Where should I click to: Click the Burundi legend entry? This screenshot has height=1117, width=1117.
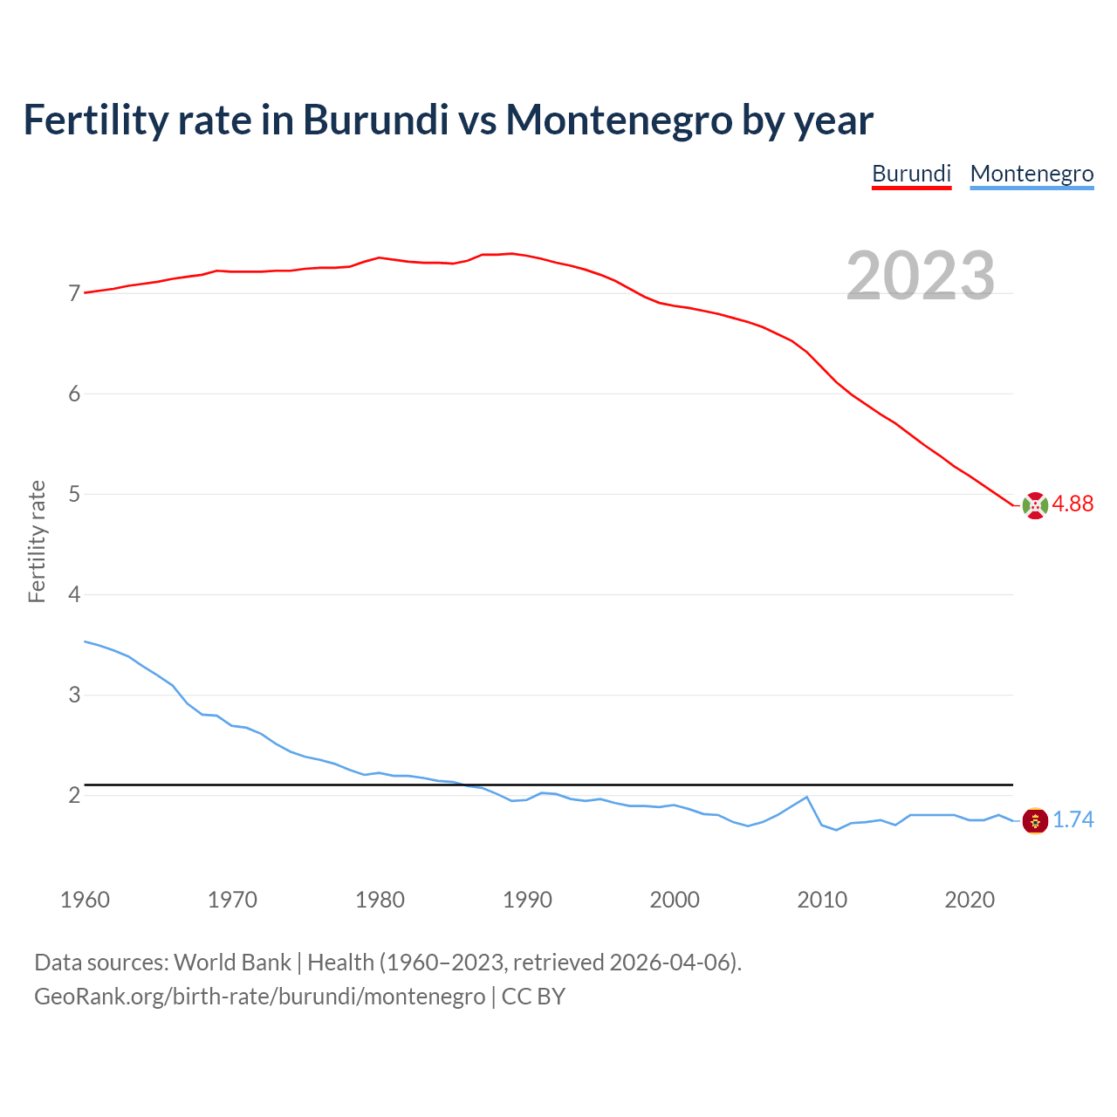point(911,174)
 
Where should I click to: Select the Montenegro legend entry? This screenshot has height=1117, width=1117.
point(1031,174)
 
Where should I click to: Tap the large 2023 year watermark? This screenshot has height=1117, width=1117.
point(921,276)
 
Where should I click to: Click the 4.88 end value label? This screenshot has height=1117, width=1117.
point(1072,504)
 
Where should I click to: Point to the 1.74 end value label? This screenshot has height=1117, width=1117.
point(1072,820)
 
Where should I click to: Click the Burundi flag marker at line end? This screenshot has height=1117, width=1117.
point(1035,505)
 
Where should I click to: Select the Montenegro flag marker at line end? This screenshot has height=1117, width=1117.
point(1035,820)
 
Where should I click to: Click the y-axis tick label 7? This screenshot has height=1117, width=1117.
point(74,294)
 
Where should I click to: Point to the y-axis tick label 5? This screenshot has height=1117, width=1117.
point(74,495)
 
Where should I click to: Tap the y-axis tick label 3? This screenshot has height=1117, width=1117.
point(74,696)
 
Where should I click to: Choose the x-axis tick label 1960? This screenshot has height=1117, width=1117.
point(85,900)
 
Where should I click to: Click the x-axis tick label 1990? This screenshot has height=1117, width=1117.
point(527,900)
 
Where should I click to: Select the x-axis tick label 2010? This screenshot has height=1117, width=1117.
point(822,900)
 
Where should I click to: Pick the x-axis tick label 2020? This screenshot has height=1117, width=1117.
point(970,900)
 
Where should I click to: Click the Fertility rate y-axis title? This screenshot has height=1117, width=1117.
point(37,542)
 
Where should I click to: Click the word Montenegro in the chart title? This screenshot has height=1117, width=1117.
point(620,120)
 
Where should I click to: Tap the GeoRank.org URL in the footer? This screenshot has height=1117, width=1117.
point(259,997)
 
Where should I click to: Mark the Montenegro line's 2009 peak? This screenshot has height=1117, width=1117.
point(807,797)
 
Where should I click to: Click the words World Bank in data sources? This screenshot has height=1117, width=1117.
point(232,963)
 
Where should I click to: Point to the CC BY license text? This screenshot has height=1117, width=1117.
point(533,997)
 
